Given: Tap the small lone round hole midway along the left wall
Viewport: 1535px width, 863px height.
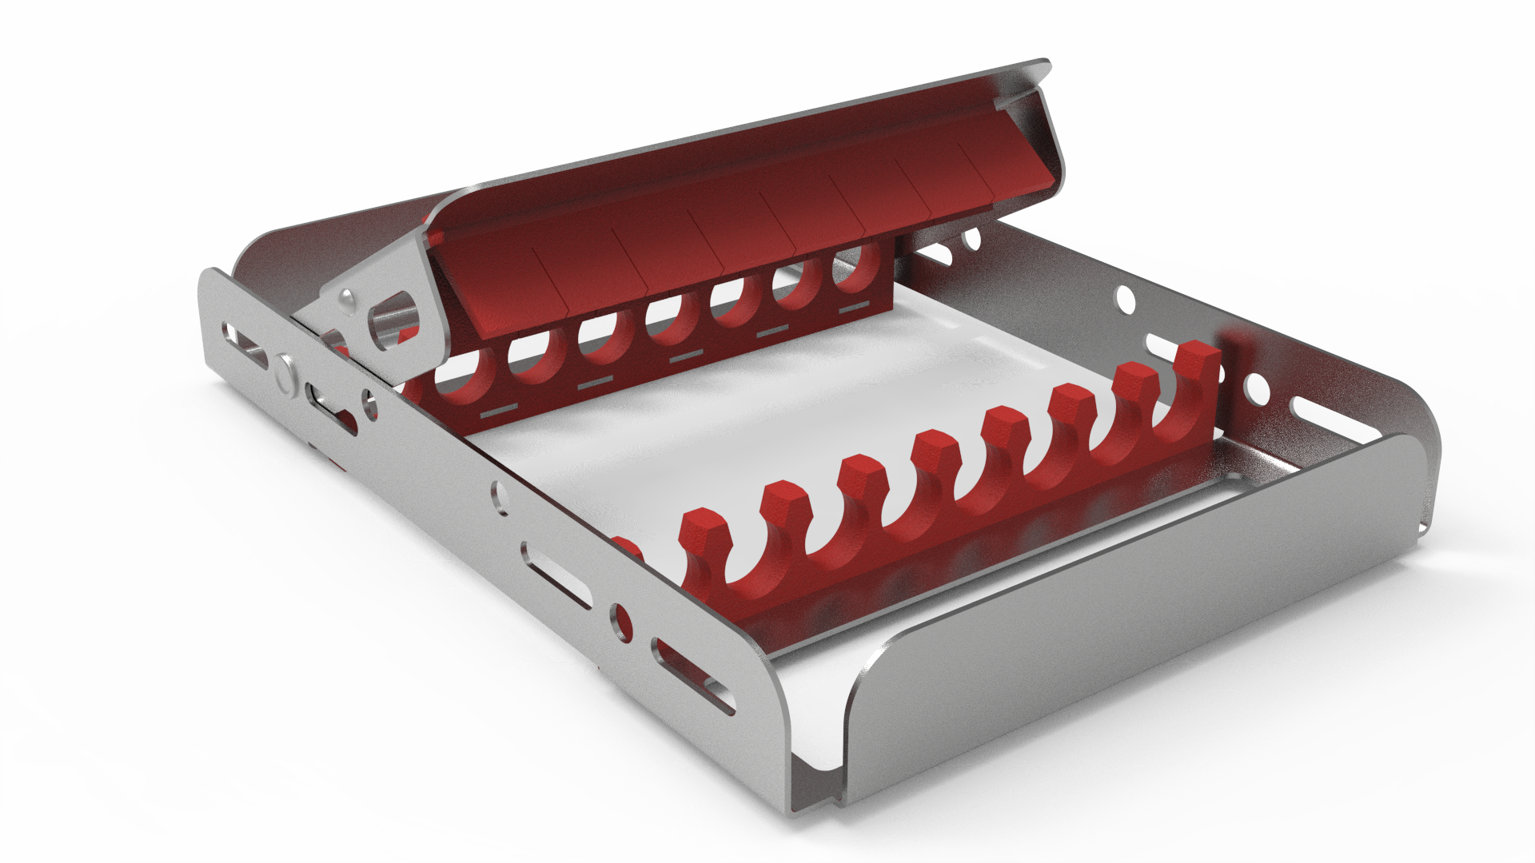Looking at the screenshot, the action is tap(500, 495).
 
